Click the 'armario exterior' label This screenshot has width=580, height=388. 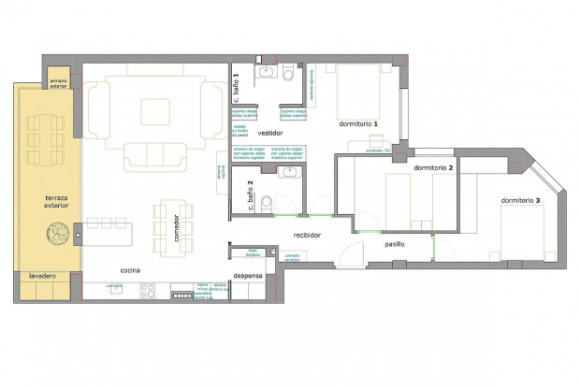tap(58, 81)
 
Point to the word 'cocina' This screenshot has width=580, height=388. tap(130, 270)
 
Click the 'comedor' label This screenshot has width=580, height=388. tap(176, 227)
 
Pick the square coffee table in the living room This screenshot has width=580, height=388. tap(155, 112)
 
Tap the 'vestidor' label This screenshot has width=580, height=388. tap(270, 133)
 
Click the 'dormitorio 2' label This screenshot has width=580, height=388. tap(433, 167)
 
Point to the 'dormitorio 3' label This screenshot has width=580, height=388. tap(520, 200)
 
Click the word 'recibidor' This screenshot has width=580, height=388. tap(308, 235)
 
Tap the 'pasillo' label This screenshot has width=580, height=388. tap(395, 244)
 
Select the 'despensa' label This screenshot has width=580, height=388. tap(247, 277)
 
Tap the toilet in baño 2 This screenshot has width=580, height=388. tap(268, 201)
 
